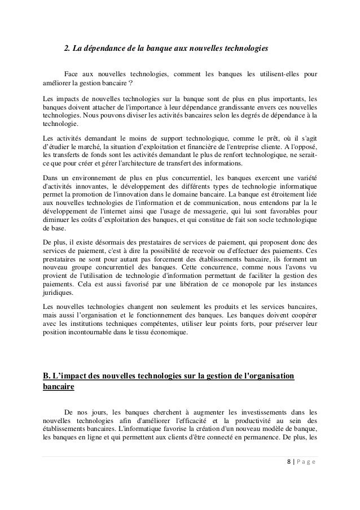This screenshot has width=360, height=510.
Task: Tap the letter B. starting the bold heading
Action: [47, 376]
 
